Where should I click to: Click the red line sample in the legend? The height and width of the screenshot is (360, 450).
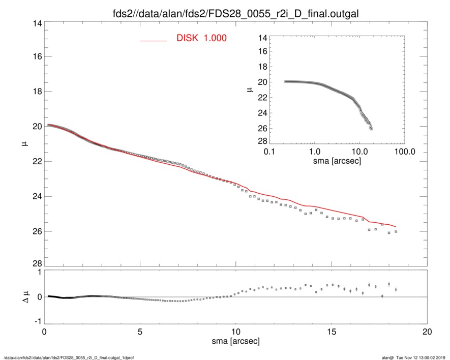click(x=154, y=40)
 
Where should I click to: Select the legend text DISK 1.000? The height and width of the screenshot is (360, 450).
click(x=201, y=39)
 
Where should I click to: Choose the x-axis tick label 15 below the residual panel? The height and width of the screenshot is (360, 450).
click(x=332, y=332)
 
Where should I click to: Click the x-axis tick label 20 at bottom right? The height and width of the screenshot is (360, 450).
click(x=427, y=332)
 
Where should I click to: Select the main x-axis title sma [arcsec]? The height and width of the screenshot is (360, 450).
click(x=235, y=341)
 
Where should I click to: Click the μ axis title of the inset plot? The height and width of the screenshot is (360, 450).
click(x=250, y=89)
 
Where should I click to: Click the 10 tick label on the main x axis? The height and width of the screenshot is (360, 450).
click(x=235, y=332)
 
